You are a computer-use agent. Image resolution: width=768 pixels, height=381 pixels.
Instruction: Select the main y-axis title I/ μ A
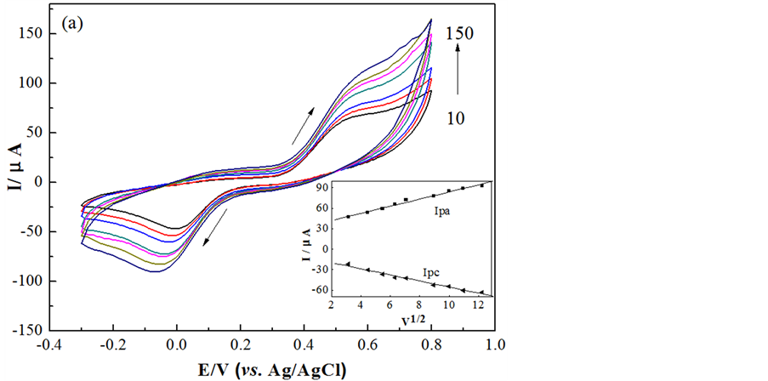(x=14, y=182)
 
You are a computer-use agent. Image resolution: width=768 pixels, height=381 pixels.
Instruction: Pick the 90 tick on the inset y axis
(x=321, y=185)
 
